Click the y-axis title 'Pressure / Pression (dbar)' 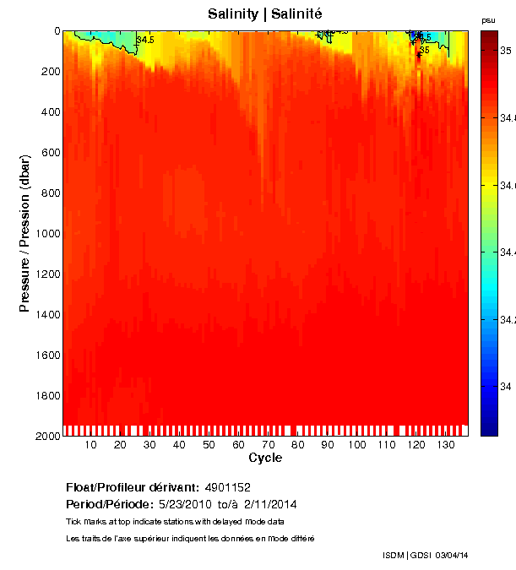click(25, 234)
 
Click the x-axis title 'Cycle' click(265, 459)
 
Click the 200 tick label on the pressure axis click(50, 72)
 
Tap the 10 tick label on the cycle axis click(91, 445)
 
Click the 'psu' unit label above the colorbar click(487, 20)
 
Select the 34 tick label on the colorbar click(506, 387)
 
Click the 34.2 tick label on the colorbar click(508, 320)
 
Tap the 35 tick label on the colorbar click(506, 52)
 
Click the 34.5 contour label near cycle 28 click(146, 40)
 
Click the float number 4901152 click(227, 488)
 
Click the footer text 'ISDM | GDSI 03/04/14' click(425, 556)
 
